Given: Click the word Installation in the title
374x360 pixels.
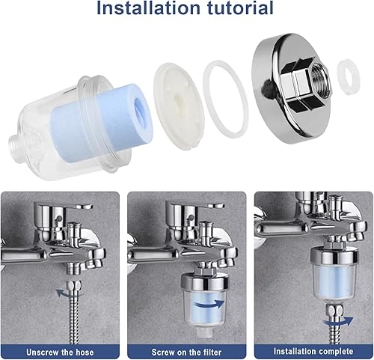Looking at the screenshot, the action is [148, 8].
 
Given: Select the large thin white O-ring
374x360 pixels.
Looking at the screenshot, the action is [226, 100].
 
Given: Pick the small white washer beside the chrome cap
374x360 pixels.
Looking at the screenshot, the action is [349, 76].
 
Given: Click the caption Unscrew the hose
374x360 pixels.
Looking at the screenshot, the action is [60, 353].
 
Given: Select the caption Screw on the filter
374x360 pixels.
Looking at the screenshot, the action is [186, 353].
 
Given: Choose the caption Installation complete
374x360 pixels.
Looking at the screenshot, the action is [313, 351].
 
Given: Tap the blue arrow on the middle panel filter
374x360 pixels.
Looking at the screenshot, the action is [209, 305].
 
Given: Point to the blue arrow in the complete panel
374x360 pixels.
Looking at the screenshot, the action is [338, 322].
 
